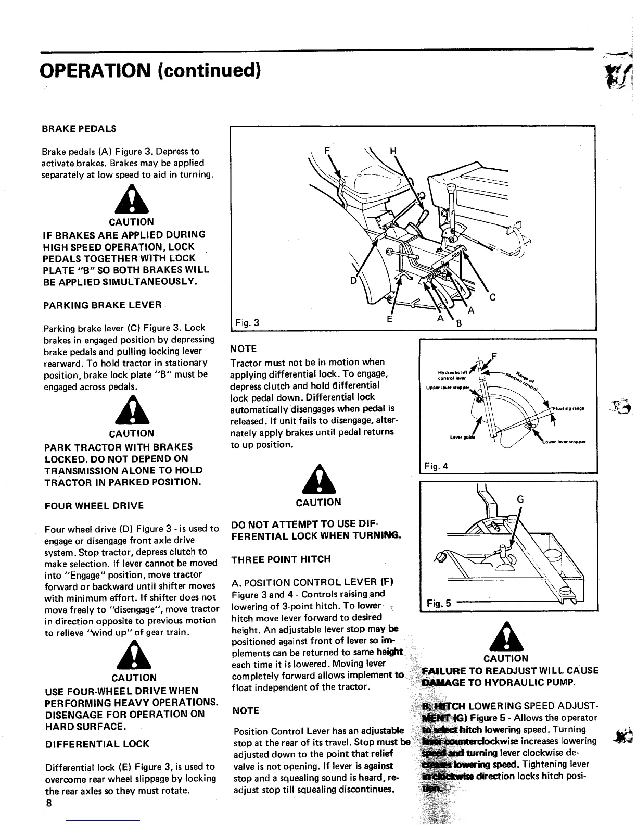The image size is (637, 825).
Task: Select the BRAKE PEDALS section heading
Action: [x=79, y=129]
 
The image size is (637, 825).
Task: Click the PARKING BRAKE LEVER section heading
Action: [x=103, y=305]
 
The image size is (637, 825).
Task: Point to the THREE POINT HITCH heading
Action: [x=281, y=559]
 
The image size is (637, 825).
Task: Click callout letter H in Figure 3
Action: [x=393, y=152]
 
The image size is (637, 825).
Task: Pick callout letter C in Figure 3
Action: [x=492, y=298]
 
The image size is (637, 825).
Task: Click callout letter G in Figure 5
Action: [x=519, y=499]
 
